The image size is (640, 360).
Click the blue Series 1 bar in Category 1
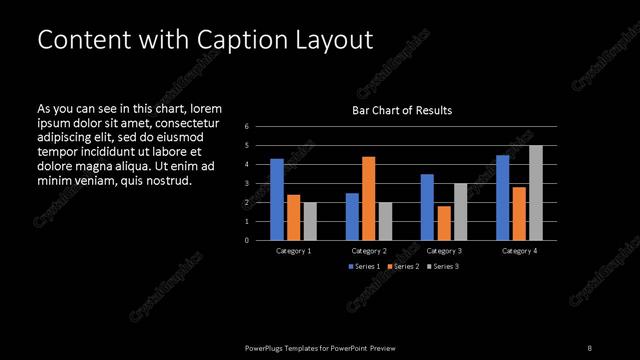coord(277,200)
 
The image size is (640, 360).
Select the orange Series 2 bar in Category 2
coord(368,198)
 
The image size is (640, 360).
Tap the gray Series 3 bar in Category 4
coord(536,193)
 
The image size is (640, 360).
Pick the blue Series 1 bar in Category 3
coord(427,207)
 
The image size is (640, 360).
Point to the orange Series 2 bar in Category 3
coord(444,223)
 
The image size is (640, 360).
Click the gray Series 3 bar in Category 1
coord(309,221)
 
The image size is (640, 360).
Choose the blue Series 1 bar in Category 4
coord(503,198)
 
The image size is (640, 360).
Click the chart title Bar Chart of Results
coord(402,110)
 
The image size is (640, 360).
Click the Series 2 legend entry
coord(403,267)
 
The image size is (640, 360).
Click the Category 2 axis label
coord(369,250)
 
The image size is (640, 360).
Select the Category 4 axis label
coord(520,250)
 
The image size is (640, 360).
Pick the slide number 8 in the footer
coord(589,347)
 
